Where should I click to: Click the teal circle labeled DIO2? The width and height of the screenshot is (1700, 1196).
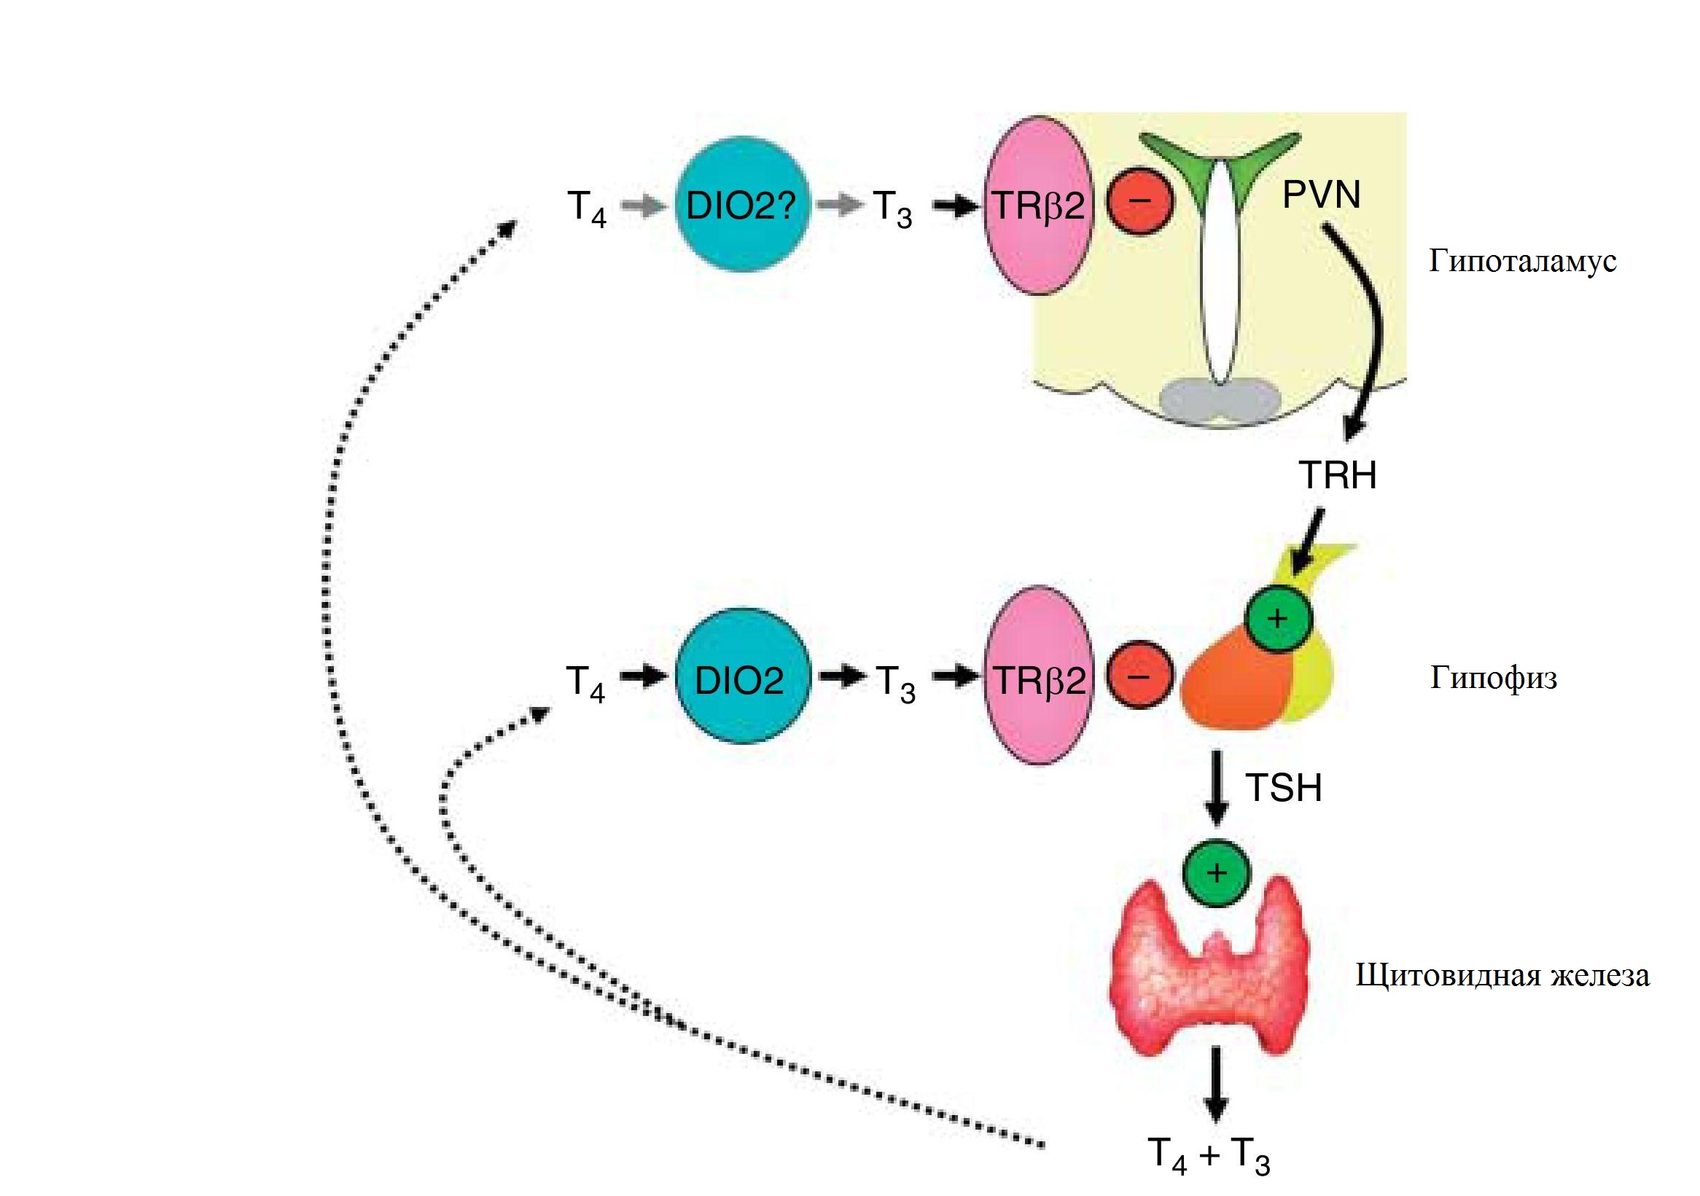point(741,204)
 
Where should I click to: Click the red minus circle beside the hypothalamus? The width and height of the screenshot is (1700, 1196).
point(1140,200)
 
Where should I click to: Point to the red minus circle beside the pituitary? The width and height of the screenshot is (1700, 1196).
point(1140,674)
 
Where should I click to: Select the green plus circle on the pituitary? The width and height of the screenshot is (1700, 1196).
point(1278,618)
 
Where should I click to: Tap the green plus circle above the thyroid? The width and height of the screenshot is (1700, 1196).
point(1217,873)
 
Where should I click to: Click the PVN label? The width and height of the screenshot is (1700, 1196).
point(1322,195)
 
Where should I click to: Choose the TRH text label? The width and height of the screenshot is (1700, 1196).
point(1337,474)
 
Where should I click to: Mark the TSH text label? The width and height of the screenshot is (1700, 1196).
point(1283,787)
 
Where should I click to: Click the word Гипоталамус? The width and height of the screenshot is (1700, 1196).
point(1522,261)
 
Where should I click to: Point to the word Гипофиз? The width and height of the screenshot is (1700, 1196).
point(1494,678)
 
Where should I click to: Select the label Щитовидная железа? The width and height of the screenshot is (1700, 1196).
point(1502,975)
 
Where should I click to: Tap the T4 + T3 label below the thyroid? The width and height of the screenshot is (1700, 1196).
point(1209,1154)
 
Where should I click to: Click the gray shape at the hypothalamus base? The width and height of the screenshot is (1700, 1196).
point(1220,400)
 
